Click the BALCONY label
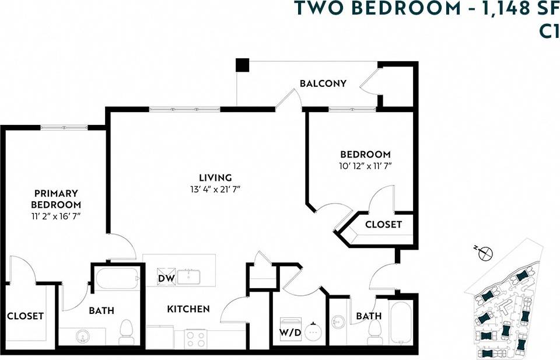pyautogui.click(x=323, y=83)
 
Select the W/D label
pyautogui.click(x=290, y=333)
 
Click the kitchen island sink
pyautogui.click(x=188, y=276)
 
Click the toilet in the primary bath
pyautogui.click(x=127, y=332)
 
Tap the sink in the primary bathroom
pyautogui.click(x=81, y=337)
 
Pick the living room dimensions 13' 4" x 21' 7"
pyautogui.click(x=215, y=189)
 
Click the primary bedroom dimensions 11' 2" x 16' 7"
pyautogui.click(x=57, y=216)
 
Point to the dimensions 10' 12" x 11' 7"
pyautogui.click(x=365, y=166)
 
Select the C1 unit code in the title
pyautogui.click(x=548, y=31)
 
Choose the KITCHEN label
pyautogui.click(x=188, y=309)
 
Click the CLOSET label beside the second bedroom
pyautogui.click(x=383, y=225)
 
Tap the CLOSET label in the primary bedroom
pyautogui.click(x=25, y=316)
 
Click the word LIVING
pyautogui.click(x=215, y=177)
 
